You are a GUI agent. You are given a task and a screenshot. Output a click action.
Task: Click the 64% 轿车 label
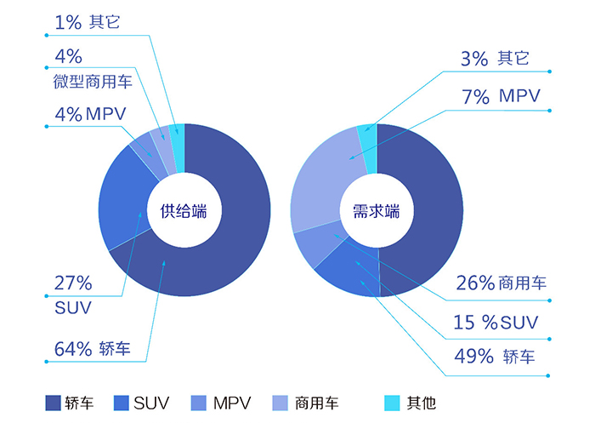(x=99, y=348)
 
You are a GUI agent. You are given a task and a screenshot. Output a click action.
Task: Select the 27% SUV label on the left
(x=73, y=294)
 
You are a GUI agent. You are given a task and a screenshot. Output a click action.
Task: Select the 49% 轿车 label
(x=496, y=356)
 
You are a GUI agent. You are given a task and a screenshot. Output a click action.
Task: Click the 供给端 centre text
(x=184, y=211)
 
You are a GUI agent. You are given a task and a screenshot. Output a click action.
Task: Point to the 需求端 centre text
(x=377, y=211)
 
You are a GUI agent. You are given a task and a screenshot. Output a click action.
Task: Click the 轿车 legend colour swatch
(x=52, y=402)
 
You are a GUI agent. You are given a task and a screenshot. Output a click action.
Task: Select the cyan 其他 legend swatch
(x=392, y=402)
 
